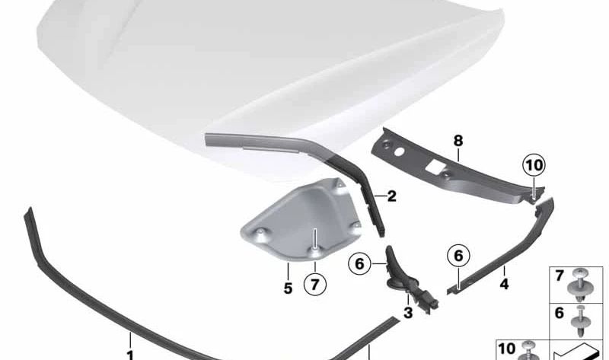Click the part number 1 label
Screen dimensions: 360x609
point(129,353)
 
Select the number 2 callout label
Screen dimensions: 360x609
point(391,196)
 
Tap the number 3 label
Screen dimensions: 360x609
point(408,312)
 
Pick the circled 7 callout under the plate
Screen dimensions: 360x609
point(314,285)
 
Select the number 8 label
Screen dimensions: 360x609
point(458,140)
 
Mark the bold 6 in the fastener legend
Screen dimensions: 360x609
point(559,313)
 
